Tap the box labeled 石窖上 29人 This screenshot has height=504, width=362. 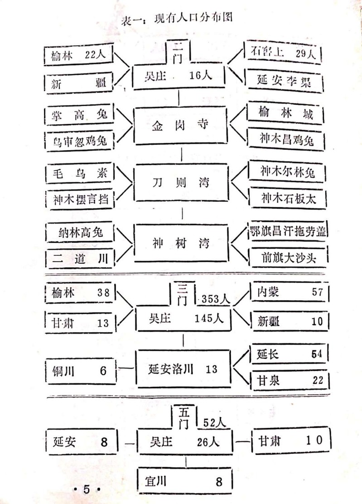[x=283, y=53]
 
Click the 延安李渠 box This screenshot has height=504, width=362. [x=285, y=82]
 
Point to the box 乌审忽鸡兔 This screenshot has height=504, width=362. [x=80, y=142]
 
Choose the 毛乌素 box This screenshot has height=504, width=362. [x=80, y=174]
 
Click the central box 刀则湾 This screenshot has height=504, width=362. [x=181, y=184]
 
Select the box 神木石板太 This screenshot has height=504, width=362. [x=287, y=198]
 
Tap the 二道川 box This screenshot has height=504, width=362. [x=79, y=259]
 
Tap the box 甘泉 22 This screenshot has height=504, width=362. [x=290, y=380]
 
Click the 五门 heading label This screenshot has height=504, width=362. [x=183, y=418]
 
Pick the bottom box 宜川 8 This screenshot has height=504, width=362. [x=185, y=480]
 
